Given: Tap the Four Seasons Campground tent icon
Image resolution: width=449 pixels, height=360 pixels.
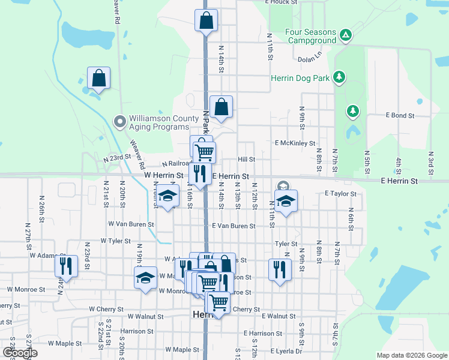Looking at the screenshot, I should click(x=345, y=35).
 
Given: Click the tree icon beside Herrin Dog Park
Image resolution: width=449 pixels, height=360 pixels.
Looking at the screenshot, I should click(x=339, y=77).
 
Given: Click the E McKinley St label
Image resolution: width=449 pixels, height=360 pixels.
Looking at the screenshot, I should click(x=295, y=143).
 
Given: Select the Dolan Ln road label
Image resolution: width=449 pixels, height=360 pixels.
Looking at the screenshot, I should click(x=310, y=60).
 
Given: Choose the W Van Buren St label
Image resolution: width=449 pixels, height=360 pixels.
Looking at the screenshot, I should click(x=131, y=224).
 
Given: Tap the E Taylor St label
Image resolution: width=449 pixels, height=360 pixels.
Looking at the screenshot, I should click(x=340, y=194).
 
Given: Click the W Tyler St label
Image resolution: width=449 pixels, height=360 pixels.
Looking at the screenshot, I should click(x=115, y=241).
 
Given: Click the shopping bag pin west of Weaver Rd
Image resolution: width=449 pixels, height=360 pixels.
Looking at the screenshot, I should click(x=98, y=78).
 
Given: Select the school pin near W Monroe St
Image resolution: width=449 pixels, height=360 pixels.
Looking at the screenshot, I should click(x=145, y=278).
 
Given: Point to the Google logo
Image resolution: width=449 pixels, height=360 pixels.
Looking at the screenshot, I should click(x=20, y=353).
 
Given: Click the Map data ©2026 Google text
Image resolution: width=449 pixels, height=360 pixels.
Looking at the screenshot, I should click(x=411, y=355).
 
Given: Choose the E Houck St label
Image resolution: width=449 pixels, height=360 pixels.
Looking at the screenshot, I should click(x=281, y=2).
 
